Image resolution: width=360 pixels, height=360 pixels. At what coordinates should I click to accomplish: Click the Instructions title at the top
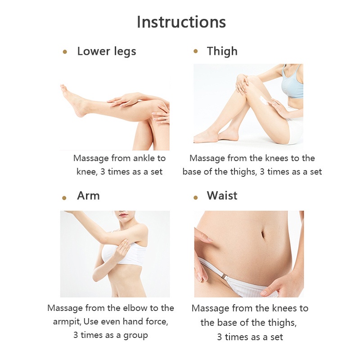(x=181, y=22)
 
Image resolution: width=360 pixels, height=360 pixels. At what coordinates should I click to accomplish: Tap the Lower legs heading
(x=107, y=51)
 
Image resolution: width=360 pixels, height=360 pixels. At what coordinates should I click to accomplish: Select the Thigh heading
(x=222, y=51)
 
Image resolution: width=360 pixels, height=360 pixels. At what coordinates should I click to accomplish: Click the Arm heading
(x=88, y=196)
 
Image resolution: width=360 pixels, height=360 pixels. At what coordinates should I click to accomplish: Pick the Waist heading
(x=222, y=196)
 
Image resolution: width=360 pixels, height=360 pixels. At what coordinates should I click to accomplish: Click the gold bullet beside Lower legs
(x=65, y=52)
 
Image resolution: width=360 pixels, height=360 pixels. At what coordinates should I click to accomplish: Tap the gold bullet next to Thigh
(x=195, y=51)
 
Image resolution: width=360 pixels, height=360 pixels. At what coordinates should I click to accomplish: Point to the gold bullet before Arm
(x=64, y=197)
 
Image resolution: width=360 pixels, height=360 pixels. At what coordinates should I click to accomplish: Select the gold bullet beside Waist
(x=195, y=197)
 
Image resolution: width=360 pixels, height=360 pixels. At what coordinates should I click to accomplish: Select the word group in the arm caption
(x=136, y=336)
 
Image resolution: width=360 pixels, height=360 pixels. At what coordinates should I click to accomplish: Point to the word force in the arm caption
(x=156, y=322)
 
